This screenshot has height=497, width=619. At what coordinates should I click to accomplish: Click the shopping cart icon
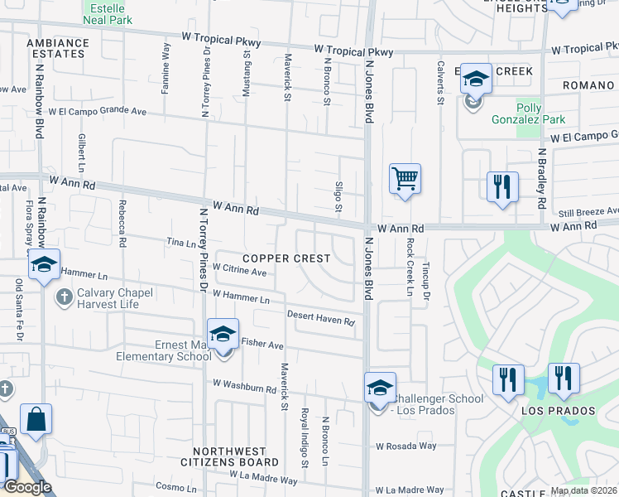click(405, 179)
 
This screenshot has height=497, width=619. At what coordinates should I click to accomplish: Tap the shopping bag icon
click(36, 419)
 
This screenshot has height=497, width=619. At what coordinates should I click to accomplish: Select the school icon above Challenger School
click(381, 388)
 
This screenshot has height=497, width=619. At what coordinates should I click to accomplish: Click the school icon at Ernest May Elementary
click(223, 334)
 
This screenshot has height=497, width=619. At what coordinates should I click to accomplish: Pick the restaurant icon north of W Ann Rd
click(501, 187)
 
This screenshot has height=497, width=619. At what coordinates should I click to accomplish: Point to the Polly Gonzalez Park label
click(540, 113)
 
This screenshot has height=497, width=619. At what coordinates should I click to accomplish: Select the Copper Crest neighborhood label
click(286, 258)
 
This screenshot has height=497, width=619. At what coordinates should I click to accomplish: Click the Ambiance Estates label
click(57, 47)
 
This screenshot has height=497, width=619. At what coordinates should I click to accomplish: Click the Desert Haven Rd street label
click(320, 317)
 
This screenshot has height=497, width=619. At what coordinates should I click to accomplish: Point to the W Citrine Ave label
click(239, 270)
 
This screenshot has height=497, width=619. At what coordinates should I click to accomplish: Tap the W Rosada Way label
click(405, 446)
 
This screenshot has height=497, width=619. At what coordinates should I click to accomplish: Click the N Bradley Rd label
click(542, 178)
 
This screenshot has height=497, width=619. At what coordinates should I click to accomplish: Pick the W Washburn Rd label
click(244, 385)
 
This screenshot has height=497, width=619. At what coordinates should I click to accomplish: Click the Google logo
click(27, 487)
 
